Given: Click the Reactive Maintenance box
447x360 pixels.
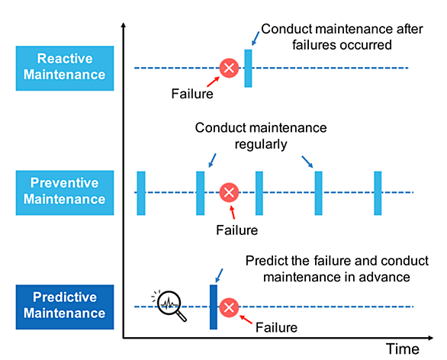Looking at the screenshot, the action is (65, 68).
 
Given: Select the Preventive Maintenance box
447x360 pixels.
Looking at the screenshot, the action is (65, 193).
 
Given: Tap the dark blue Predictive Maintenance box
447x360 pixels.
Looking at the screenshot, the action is (65, 307).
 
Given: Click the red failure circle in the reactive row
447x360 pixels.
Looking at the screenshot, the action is (229, 68).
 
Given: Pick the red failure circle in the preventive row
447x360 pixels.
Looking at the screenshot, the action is (229, 192).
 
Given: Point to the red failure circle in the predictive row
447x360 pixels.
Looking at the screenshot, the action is (229, 307).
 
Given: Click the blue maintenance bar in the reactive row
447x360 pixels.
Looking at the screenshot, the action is (248, 68).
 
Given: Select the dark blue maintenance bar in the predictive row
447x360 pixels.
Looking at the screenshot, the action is (214, 307).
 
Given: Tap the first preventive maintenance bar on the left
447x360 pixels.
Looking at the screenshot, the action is (141, 193).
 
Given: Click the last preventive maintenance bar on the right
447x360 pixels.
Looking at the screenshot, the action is (378, 193).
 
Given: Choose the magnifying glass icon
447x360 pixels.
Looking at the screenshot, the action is (170, 306).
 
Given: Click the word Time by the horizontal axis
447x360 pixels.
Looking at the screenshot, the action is (403, 349).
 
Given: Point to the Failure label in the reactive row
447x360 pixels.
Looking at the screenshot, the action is (192, 94).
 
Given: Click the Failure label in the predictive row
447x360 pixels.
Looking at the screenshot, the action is (276, 327).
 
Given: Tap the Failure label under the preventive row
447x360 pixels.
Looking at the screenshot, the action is (237, 230).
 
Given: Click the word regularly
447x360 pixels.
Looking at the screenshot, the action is (261, 144).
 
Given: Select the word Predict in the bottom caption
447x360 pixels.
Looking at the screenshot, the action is (262, 261).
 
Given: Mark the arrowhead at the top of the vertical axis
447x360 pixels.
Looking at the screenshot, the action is (123, 25).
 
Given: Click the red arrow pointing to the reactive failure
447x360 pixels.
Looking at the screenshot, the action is (213, 82).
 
